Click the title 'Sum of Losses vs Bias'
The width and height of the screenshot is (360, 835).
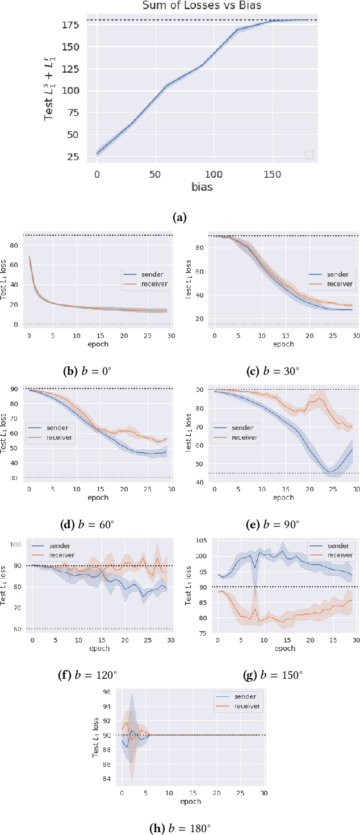tap(203, 6)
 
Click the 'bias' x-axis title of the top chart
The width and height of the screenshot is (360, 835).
tap(203, 186)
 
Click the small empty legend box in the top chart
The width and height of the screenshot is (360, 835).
tap(309, 155)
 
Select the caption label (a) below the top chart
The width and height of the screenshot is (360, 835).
tap(179, 216)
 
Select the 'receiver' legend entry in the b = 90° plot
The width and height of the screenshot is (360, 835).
tap(245, 437)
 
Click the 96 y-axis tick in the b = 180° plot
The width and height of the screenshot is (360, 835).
tap(107, 692)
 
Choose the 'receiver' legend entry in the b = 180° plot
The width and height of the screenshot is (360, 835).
tap(245, 705)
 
